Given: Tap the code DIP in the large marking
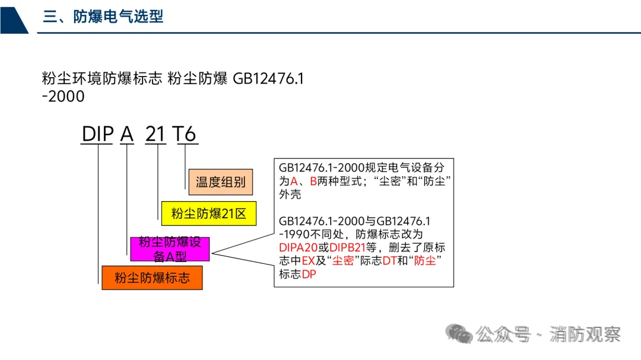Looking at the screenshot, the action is point(97,134).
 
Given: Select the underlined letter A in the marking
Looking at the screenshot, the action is point(127,134).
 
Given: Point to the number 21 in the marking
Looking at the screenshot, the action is point(156,134).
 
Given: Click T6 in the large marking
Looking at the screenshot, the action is point(185,134).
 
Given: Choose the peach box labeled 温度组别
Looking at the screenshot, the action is point(221,182).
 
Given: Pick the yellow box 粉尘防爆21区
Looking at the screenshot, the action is point(208,214).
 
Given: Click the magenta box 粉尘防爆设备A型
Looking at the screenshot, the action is point(170,249).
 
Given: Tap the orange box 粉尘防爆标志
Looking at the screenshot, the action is point(152,278).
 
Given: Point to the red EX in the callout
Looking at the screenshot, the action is point(307,261).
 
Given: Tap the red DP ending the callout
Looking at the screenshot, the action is point(309,275).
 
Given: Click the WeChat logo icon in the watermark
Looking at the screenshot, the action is point(460,333).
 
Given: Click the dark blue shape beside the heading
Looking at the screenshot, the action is point(13,17).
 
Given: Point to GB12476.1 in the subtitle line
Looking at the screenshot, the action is point(268,78).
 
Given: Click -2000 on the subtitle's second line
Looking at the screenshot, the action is point(63,95).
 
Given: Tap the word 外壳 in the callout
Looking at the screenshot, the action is point(290,194).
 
